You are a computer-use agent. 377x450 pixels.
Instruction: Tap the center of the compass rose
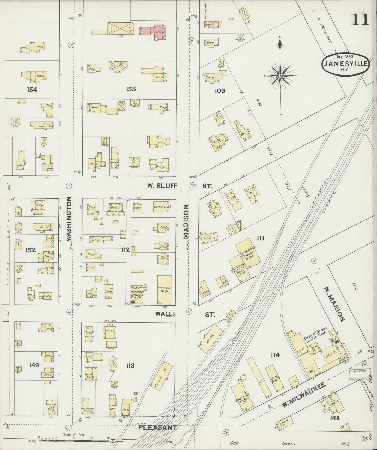pyautogui.click(x=280, y=76)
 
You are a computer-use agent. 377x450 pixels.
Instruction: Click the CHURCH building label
pyautogui.click(x=161, y=207)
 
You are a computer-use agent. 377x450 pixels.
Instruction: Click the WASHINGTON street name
pyautogui.click(x=69, y=219)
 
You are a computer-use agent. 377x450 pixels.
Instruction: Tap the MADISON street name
pyautogui.click(x=186, y=221)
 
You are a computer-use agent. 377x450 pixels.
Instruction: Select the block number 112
pyautogui.click(x=126, y=250)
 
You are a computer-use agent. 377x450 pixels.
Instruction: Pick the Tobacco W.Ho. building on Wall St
pyautogui.click(x=164, y=290)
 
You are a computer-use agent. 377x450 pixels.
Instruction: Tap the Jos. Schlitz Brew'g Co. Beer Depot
pyautogui.click(x=239, y=269)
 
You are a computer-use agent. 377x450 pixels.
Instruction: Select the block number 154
pyautogui.click(x=32, y=90)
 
